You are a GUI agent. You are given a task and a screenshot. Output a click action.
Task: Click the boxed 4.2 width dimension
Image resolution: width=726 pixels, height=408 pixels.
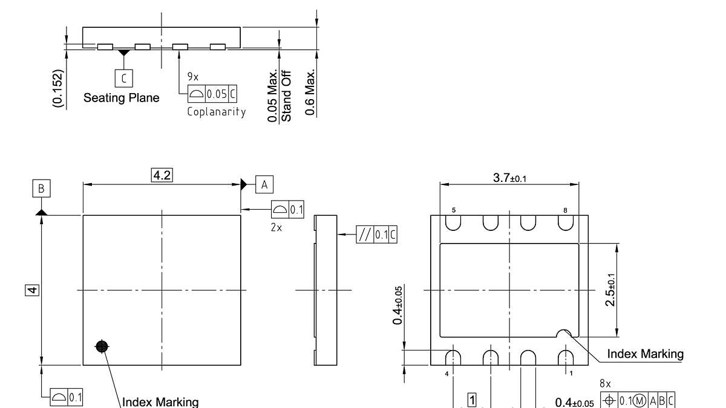click(162, 175)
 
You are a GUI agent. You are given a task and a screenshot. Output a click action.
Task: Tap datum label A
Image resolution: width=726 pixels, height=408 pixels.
click(264, 184)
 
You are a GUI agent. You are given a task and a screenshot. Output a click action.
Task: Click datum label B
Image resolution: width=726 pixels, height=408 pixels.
click(41, 189)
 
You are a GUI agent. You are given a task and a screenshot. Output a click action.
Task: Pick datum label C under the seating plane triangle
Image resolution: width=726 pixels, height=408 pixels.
click(123, 78)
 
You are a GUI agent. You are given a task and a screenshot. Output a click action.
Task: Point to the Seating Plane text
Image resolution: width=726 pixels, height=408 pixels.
click(122, 98)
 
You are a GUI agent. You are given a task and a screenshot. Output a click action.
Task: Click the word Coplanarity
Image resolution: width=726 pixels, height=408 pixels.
click(217, 112)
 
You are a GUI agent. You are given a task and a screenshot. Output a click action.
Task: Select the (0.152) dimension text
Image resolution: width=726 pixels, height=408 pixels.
click(57, 89)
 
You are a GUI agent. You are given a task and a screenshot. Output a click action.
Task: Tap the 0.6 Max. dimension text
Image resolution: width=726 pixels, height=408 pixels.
click(310, 91)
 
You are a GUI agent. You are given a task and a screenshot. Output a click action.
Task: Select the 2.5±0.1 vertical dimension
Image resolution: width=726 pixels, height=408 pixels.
click(610, 290)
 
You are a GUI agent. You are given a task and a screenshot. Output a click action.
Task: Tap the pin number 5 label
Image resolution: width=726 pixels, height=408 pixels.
click(453, 210)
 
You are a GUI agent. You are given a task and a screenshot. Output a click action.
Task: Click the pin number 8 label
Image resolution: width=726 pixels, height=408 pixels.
click(564, 210)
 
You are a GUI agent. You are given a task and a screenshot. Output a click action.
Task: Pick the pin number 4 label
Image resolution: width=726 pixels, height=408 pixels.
click(446, 374)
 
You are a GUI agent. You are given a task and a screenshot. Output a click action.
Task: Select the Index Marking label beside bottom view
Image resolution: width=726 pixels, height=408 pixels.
click(645, 354)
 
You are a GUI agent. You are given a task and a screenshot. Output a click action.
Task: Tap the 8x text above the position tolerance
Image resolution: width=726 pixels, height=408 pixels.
click(605, 384)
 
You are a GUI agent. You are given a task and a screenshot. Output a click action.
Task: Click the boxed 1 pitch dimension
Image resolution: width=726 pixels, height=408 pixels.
click(473, 399)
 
